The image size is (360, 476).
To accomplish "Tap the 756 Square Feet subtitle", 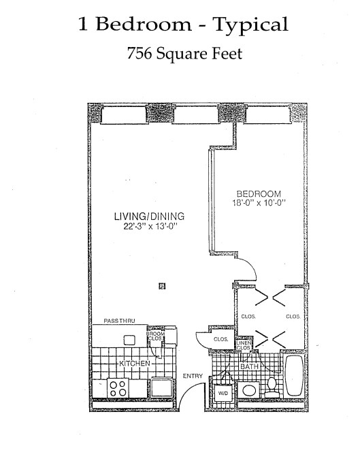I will point(180,54).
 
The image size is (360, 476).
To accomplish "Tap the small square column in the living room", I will point(161,286).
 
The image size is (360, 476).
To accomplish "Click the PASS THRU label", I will point(119,320).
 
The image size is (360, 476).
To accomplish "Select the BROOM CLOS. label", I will point(155,336).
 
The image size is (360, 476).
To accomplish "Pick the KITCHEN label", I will point(133,364).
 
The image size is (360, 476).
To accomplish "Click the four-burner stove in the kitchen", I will point(118,388).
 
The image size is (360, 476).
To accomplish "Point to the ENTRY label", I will point(193,376).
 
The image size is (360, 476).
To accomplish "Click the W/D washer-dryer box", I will point(223,394).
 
